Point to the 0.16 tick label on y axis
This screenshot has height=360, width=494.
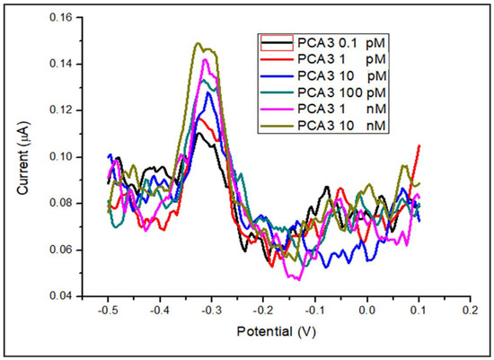[x=59, y=18]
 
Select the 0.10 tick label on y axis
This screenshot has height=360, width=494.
[x=59, y=157]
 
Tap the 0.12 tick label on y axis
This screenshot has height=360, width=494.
[x=59, y=110]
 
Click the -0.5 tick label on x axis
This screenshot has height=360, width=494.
[x=109, y=310]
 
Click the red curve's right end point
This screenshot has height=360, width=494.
[x=419, y=145]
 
